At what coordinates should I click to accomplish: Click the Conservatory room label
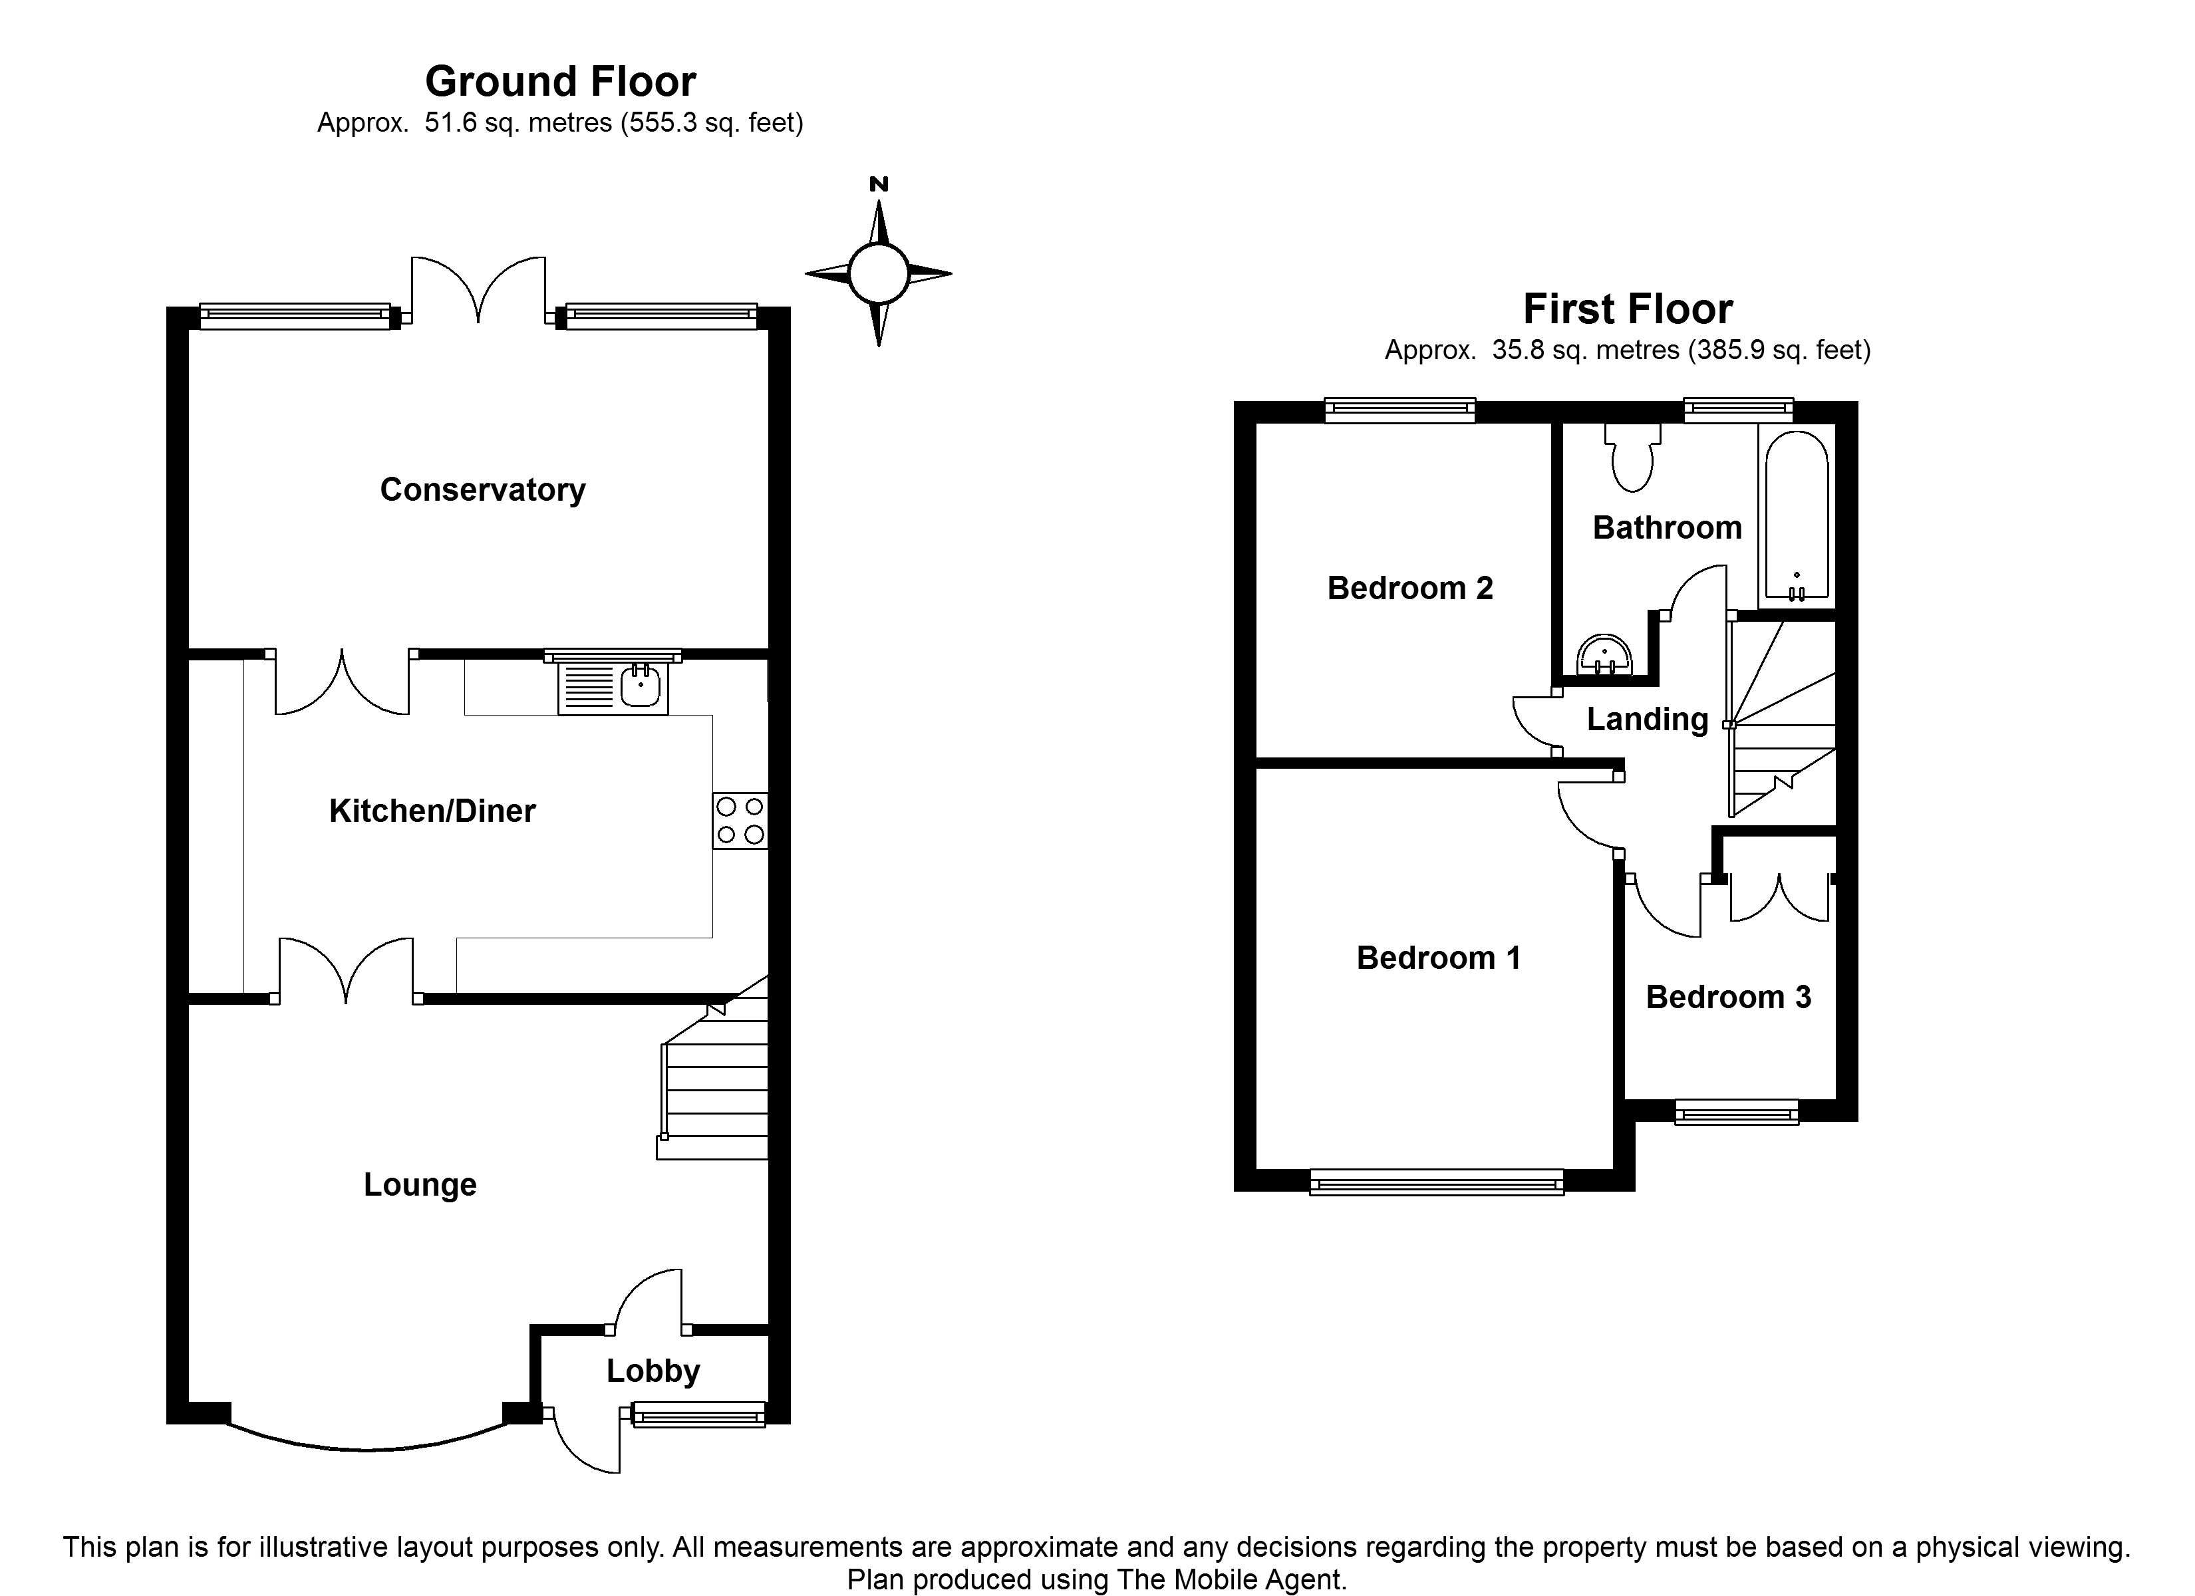482,489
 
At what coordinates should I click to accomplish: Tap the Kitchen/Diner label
432,811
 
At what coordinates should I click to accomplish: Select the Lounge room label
420,1184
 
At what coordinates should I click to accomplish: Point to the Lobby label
653,1371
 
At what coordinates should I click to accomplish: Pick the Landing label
1647,719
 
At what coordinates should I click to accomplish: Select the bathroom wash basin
1604,654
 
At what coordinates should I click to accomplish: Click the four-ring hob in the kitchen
740,821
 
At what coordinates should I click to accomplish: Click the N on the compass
879,184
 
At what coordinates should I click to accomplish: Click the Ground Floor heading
560,82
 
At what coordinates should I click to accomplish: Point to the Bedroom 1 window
1436,1182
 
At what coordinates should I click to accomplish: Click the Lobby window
698,1415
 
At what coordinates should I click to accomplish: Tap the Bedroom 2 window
1399,410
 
